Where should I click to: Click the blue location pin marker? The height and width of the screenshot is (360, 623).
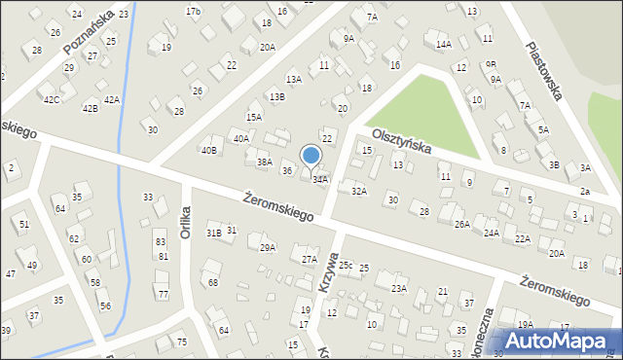(311, 157)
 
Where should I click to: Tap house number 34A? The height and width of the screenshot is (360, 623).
(320, 179)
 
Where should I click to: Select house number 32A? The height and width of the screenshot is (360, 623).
(359, 192)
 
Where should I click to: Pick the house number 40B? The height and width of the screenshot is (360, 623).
(208, 150)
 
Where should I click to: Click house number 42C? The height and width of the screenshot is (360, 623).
(52, 99)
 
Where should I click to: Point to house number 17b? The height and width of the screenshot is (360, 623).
(193, 11)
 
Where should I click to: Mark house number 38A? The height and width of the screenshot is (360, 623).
(264, 162)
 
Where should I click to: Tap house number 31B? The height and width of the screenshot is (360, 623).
(214, 233)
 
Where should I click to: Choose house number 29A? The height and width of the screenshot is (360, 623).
(268, 247)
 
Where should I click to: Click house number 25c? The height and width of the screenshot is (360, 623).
(346, 265)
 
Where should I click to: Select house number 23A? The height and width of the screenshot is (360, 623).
(399, 288)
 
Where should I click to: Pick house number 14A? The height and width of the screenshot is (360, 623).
(444, 44)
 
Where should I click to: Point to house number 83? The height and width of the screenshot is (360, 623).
(160, 241)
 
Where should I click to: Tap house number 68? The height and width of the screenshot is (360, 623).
(213, 282)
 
